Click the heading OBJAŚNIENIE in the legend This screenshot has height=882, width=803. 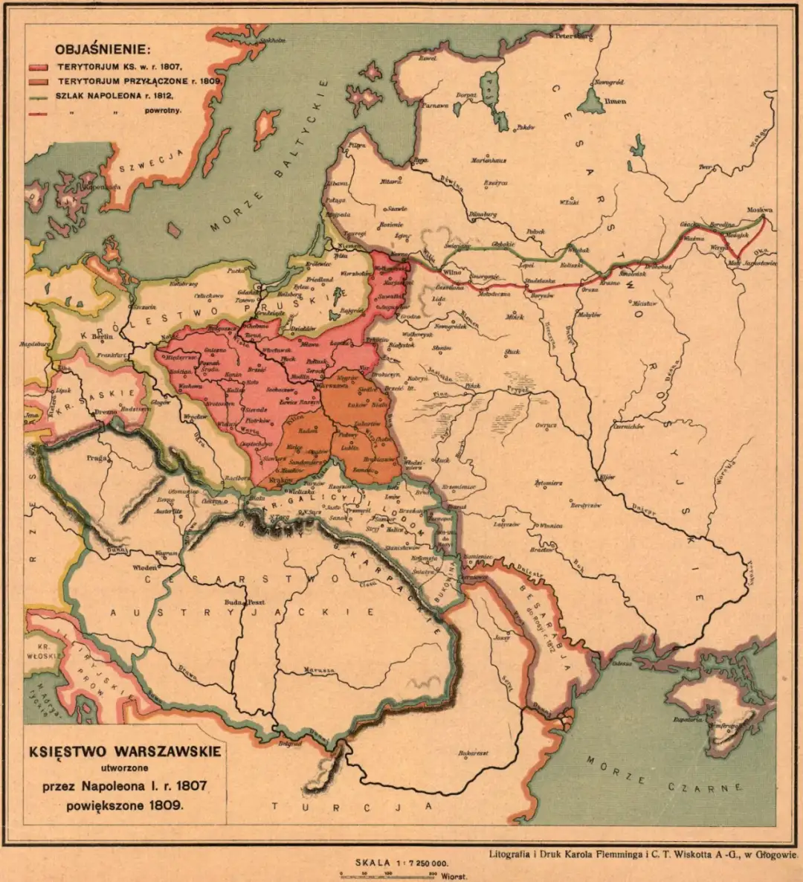pos(103,51)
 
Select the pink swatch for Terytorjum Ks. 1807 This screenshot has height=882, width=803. pos(38,68)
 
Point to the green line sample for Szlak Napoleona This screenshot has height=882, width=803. pos(38,96)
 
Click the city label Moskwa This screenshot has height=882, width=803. pos(758,210)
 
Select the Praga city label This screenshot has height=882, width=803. pos(94,459)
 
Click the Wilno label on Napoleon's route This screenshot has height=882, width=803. pos(452,273)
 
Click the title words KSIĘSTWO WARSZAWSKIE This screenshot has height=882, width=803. pos(125,751)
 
